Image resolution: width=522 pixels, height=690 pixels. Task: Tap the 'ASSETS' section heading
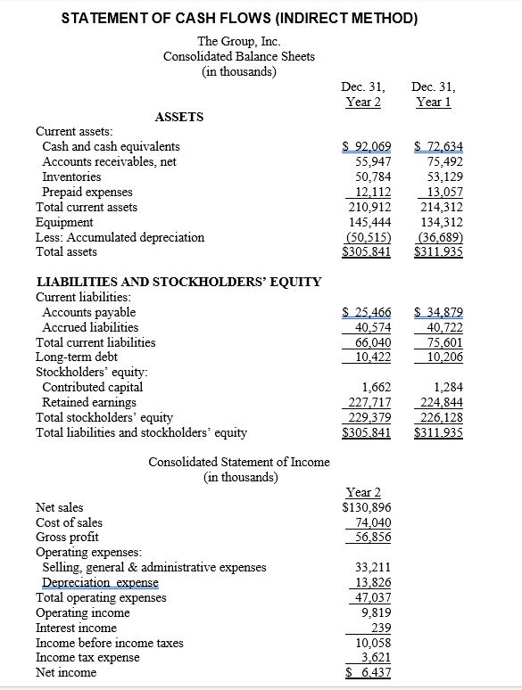click(x=179, y=117)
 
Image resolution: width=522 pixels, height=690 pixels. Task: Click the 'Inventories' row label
click(x=73, y=177)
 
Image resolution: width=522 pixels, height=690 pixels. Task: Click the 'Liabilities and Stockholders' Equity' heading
click(x=178, y=282)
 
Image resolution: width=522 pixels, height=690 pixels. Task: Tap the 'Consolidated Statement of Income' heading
click(x=238, y=462)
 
